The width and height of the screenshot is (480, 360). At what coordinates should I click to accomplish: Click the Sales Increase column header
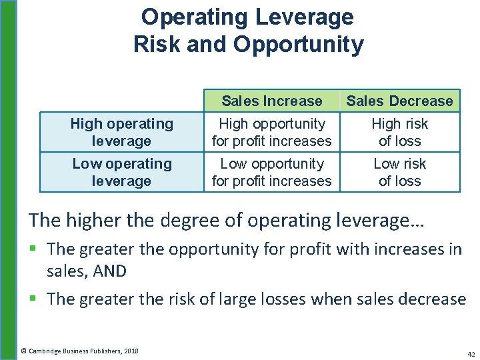271,101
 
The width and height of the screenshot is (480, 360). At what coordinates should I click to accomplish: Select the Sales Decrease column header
399,101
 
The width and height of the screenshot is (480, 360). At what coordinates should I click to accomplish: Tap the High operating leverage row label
121,132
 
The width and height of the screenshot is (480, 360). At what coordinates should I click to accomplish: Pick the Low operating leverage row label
121,172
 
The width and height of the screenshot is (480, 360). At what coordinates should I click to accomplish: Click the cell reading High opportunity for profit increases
271,132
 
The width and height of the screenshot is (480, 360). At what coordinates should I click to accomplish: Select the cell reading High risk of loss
399,132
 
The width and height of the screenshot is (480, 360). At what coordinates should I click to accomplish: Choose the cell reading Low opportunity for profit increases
271,172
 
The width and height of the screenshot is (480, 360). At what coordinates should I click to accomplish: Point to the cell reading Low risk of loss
399,172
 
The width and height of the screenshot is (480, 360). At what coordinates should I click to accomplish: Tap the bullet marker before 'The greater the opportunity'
35,249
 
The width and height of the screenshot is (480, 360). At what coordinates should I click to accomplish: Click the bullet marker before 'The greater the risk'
35,299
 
